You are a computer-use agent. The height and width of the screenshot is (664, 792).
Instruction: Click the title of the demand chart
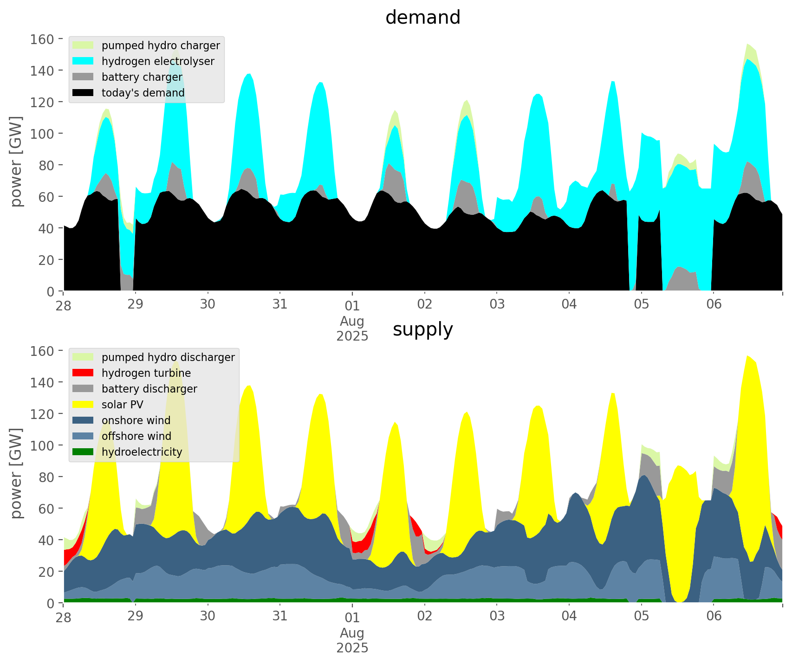tap(422, 18)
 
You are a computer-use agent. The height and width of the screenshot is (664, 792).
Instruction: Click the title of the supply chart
tap(422, 329)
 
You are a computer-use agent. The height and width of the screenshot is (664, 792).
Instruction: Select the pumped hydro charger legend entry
tap(160, 45)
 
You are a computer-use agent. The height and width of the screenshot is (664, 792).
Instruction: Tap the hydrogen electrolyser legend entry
tap(157, 61)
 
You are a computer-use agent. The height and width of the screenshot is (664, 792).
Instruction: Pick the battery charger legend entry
tap(142, 77)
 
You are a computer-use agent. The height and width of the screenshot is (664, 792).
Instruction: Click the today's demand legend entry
tap(143, 93)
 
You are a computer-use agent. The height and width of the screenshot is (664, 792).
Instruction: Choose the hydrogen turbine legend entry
tap(146, 373)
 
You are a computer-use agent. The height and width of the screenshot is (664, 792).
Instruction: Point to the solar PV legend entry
tap(122, 405)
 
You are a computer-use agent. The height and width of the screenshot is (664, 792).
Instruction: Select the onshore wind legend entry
tap(136, 420)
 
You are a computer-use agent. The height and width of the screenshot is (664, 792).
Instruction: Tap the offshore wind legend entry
tap(136, 436)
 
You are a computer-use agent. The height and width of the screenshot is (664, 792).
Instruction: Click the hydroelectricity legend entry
tap(142, 452)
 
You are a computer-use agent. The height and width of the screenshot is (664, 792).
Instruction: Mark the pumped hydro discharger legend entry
tap(168, 357)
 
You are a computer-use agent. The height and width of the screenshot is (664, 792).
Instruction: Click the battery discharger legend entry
tap(149, 389)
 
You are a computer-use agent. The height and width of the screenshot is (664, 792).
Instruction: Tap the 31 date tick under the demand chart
tap(280, 305)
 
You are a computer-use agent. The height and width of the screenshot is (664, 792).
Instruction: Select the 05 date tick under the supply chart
tap(641, 617)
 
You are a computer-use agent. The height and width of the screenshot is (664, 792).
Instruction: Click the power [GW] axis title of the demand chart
tap(16, 161)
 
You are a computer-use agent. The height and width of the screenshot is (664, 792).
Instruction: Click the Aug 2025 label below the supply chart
tap(352, 640)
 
